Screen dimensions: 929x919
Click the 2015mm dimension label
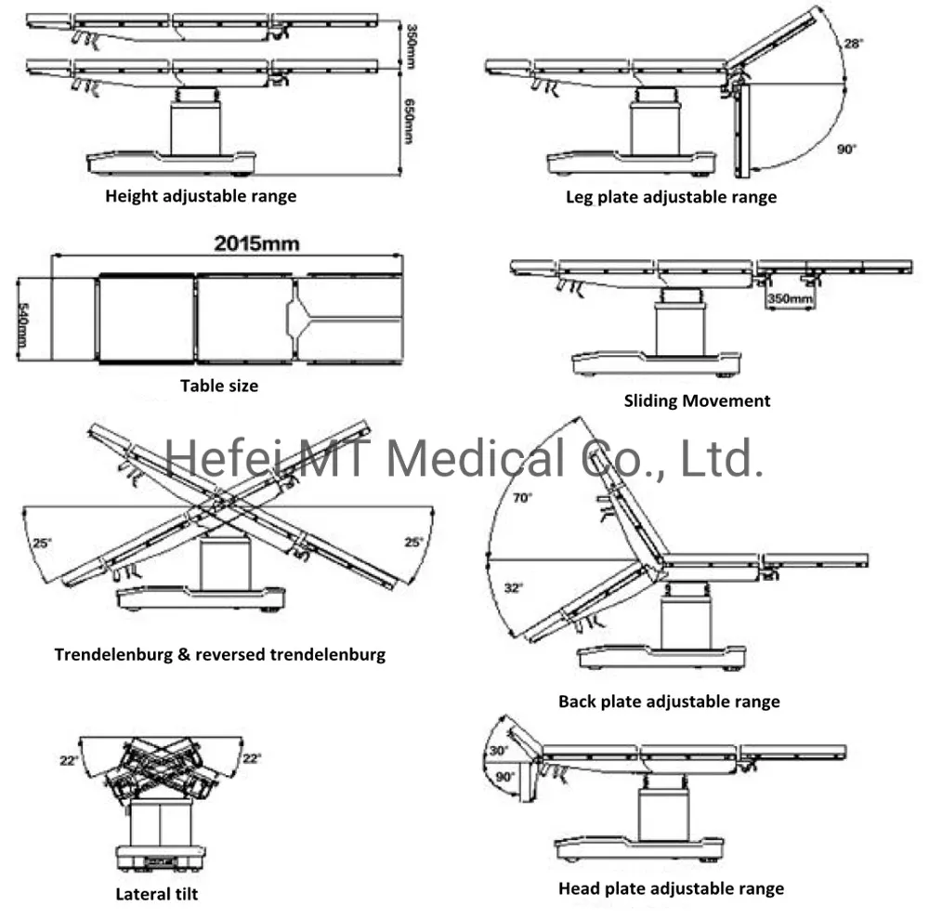pos(256,243)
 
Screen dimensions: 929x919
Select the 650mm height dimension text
pos(409,121)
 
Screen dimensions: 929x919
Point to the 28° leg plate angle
pos(853,44)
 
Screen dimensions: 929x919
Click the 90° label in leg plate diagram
pos(846,149)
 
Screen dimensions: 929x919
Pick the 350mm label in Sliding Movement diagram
pos(790,298)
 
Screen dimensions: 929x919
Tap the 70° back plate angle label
pos(522,498)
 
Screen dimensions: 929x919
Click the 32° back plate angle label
pos(514,588)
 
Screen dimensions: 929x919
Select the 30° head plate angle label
pos(498,751)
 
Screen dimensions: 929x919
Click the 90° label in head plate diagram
pos(504,777)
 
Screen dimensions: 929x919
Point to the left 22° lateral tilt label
pos(69,760)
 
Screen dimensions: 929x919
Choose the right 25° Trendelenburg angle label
pos(413,542)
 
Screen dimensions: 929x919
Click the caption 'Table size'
pos(219,386)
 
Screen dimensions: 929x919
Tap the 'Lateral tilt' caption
pos(157,894)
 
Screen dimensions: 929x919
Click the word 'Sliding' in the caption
pos(650,401)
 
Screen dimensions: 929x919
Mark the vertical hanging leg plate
pos(741,130)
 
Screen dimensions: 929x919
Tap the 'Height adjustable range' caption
pos(201,196)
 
